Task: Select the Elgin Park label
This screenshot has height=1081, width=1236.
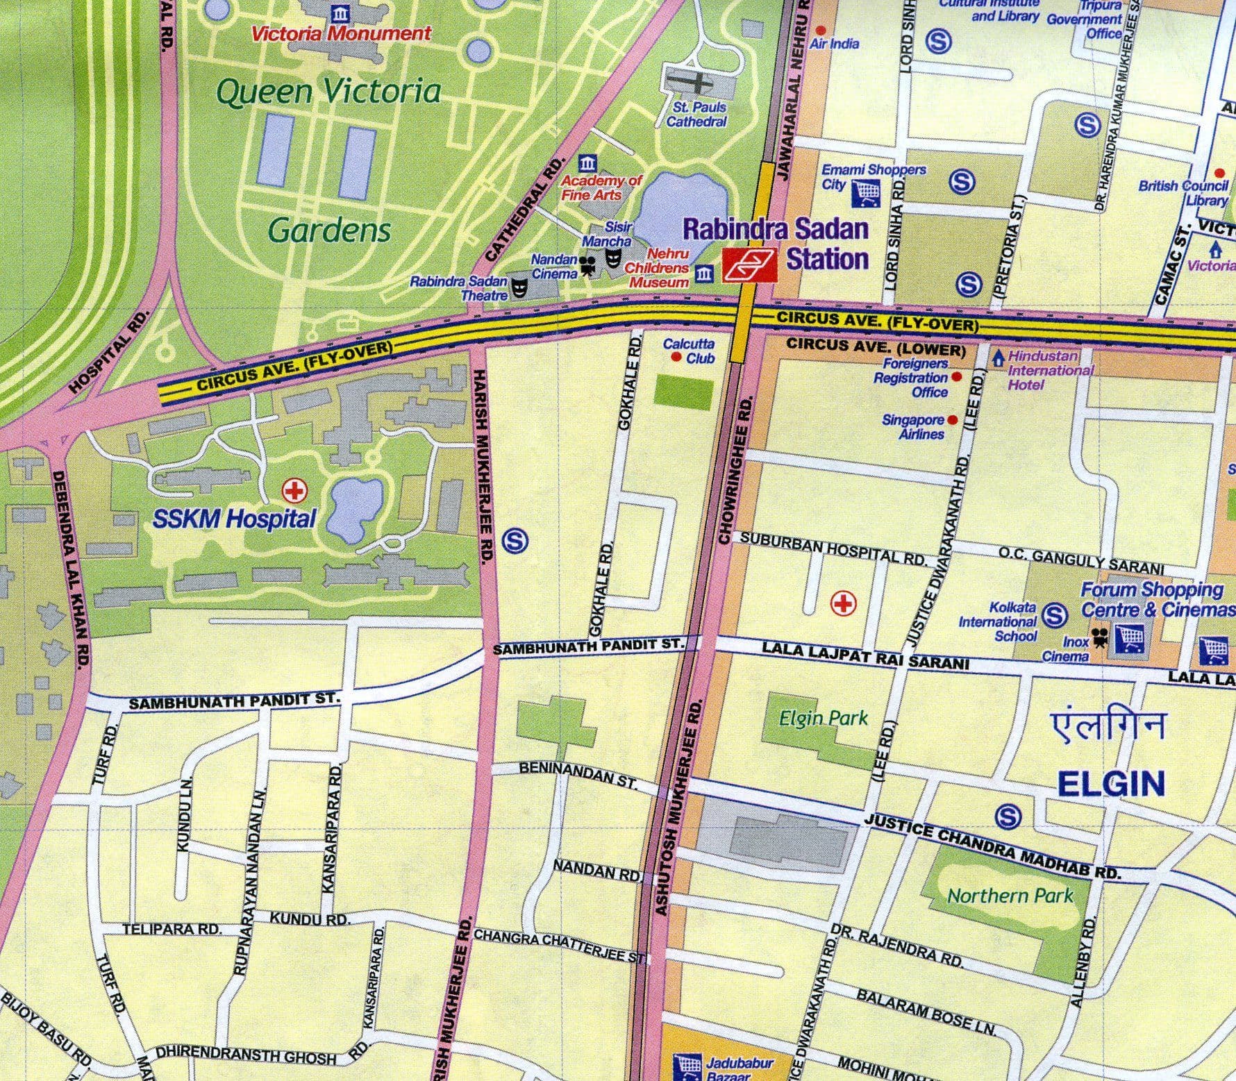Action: point(824,717)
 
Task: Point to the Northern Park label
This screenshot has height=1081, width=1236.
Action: point(1010,896)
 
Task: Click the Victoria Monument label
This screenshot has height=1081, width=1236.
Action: point(341,33)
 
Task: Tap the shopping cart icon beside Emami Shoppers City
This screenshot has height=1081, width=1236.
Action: point(866,191)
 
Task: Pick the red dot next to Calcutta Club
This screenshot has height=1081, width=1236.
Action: point(676,357)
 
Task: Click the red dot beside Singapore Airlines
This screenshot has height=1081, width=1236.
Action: point(952,420)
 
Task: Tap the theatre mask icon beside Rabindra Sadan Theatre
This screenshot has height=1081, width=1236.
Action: point(518,286)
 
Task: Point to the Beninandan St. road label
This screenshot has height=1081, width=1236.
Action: point(578,774)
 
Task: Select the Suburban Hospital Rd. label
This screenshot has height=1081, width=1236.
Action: point(833,548)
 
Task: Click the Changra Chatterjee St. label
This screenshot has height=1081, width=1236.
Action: point(559,946)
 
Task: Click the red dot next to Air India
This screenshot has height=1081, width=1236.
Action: point(820,31)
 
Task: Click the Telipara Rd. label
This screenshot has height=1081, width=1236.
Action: point(172,929)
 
